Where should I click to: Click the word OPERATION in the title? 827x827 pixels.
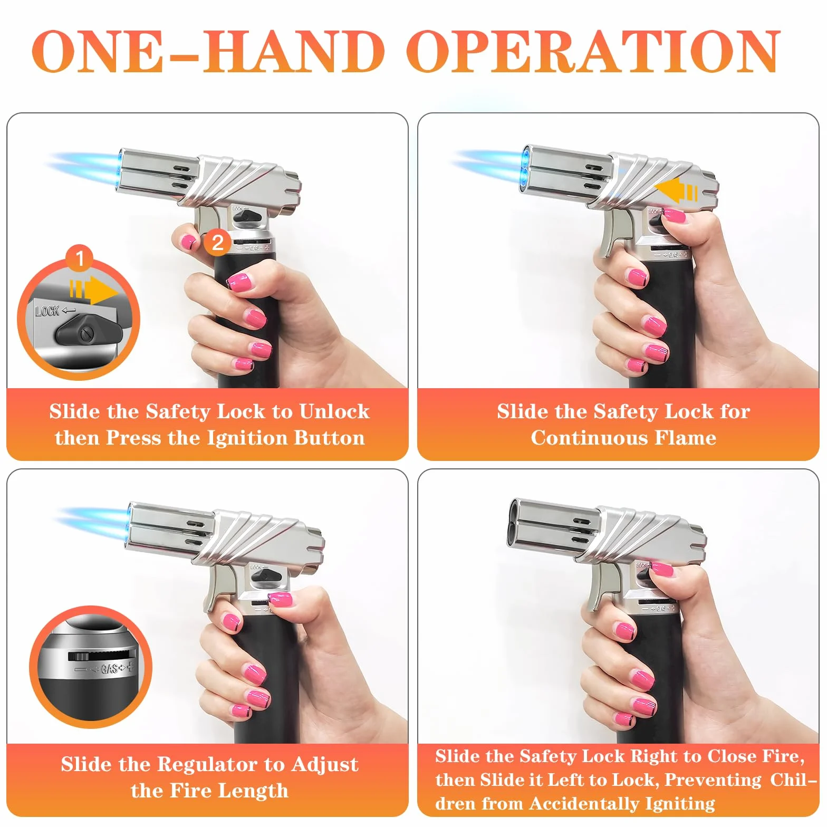[593, 51]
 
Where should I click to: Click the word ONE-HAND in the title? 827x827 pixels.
[208, 51]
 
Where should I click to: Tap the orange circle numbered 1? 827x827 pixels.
[80, 258]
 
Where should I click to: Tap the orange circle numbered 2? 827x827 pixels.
[217, 242]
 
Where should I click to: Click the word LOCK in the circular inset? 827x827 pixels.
[47, 311]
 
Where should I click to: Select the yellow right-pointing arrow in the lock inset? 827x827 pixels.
[93, 290]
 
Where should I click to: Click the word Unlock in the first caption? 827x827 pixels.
[334, 411]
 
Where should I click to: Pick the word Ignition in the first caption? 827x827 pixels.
[247, 438]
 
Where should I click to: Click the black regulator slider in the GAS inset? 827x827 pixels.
[78, 656]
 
